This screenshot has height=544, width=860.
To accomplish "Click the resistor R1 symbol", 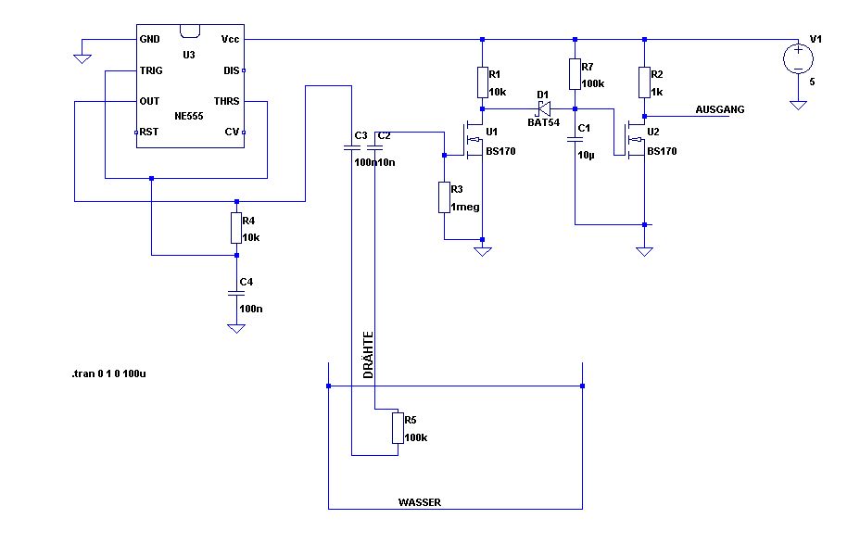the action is click(x=483, y=82).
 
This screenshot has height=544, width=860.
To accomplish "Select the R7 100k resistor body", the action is click(x=575, y=74).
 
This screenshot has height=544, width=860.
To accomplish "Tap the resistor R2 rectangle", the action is click(x=644, y=82).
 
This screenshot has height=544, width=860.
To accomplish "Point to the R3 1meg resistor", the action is click(x=444, y=197).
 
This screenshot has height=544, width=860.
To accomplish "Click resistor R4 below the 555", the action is click(x=236, y=228).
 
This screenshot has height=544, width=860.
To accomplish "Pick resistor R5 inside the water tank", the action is click(x=398, y=428).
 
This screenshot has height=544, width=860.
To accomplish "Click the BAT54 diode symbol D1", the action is click(x=543, y=108).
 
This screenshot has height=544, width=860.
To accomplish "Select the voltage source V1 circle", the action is click(x=798, y=58).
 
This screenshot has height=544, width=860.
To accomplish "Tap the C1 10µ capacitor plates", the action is click(x=575, y=140).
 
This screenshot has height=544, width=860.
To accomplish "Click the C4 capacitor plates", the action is click(x=236, y=294).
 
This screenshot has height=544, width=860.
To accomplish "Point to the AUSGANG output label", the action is click(x=719, y=109).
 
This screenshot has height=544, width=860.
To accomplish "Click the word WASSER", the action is click(x=420, y=502).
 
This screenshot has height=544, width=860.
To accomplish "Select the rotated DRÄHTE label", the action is click(x=368, y=355).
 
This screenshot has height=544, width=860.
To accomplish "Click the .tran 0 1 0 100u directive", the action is click(x=108, y=374).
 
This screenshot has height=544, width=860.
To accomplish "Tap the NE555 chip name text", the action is click(x=189, y=116).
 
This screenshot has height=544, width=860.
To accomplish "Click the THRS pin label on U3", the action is click(x=226, y=101).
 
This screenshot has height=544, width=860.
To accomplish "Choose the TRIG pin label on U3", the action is click(x=151, y=70).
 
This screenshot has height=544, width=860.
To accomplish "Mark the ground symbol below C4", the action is click(x=236, y=328).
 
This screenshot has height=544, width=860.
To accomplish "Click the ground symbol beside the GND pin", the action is click(x=82, y=58).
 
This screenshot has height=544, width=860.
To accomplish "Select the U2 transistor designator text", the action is click(x=653, y=133).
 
